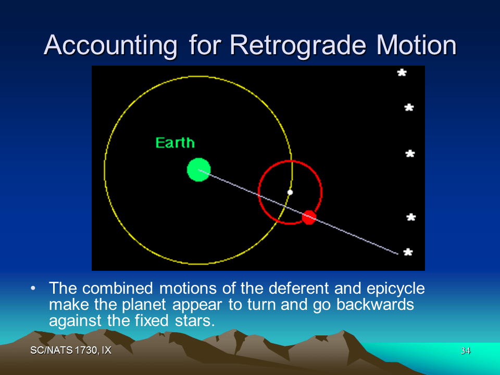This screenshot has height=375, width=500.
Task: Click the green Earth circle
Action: (x=198, y=170)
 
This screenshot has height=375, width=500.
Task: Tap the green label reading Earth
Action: (x=175, y=143)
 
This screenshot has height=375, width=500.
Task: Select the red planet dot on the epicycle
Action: (x=309, y=217)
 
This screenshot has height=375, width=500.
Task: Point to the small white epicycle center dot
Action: (x=290, y=192)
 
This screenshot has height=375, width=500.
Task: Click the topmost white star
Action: (x=402, y=73)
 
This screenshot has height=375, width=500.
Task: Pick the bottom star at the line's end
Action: (x=408, y=252)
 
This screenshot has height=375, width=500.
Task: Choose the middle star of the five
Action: (x=410, y=154)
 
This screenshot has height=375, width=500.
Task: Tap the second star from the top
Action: (x=409, y=108)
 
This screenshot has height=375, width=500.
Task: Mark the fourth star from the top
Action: (x=410, y=217)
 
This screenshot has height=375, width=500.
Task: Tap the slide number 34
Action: (x=465, y=351)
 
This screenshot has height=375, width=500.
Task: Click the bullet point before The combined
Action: (x=33, y=288)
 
